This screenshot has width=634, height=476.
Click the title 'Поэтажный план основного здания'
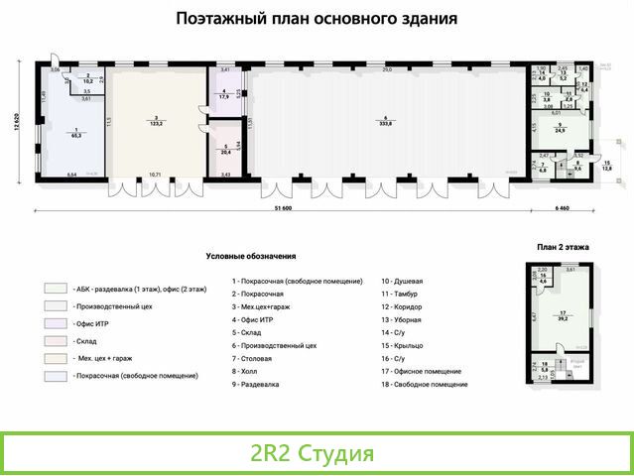[317, 18]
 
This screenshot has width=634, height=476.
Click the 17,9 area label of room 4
[223, 96]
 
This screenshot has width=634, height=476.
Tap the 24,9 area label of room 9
[561, 130]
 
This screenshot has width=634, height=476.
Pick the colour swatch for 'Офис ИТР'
[56, 322]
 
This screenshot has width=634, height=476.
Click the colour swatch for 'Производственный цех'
[56, 305]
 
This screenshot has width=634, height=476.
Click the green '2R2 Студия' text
[313, 454]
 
